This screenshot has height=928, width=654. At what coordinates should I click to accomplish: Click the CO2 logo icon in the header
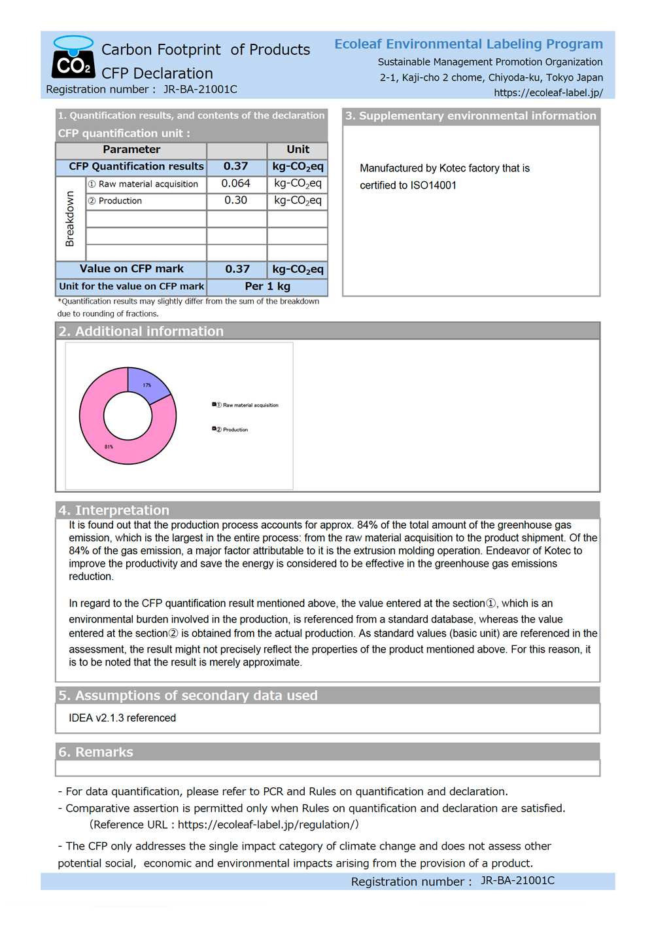[x=73, y=58]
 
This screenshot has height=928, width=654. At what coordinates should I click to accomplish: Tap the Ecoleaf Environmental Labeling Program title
[x=468, y=44]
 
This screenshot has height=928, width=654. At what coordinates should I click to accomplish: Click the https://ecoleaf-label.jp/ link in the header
[x=548, y=93]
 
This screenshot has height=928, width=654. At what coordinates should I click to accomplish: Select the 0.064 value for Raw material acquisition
[x=236, y=184]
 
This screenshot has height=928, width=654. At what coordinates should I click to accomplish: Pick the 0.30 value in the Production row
[x=236, y=200]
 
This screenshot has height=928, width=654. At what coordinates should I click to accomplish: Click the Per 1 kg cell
[x=267, y=287]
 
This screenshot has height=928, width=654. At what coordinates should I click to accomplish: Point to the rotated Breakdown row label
[x=70, y=219]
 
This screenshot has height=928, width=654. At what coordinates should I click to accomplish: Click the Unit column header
[x=298, y=150]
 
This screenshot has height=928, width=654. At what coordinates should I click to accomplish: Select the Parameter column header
[x=131, y=150]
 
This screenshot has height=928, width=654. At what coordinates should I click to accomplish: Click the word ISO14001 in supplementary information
[x=433, y=186]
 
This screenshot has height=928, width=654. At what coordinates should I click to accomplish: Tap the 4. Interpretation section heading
[x=114, y=510]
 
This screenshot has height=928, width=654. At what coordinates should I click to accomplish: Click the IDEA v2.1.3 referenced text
[x=122, y=719]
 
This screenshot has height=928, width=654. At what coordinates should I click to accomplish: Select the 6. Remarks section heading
[x=95, y=752]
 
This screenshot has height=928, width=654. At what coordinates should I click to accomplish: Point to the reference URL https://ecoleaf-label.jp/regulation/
[x=267, y=825]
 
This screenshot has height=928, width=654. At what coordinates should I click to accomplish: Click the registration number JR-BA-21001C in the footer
[x=517, y=881]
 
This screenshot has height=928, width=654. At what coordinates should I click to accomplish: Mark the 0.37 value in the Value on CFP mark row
[x=237, y=270]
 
